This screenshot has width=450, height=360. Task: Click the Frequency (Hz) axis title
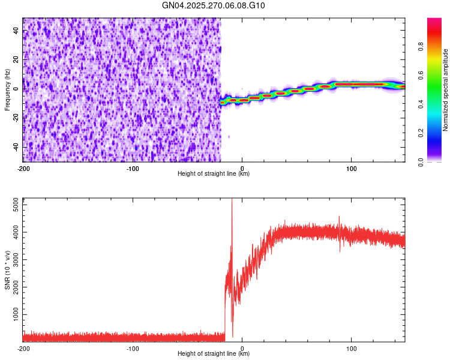(x=7, y=90)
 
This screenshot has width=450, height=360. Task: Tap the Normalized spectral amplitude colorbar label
(x=445, y=90)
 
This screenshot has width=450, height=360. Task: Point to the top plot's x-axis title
(x=214, y=173)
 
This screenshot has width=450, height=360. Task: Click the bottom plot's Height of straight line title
(x=214, y=353)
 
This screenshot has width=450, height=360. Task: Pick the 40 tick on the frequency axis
(x=16, y=31)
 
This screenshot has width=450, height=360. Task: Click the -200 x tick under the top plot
(x=23, y=168)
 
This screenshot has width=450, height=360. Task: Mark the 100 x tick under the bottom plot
(x=351, y=348)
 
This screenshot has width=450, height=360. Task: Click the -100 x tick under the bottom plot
(x=133, y=348)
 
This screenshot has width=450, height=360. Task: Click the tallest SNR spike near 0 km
(x=232, y=200)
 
